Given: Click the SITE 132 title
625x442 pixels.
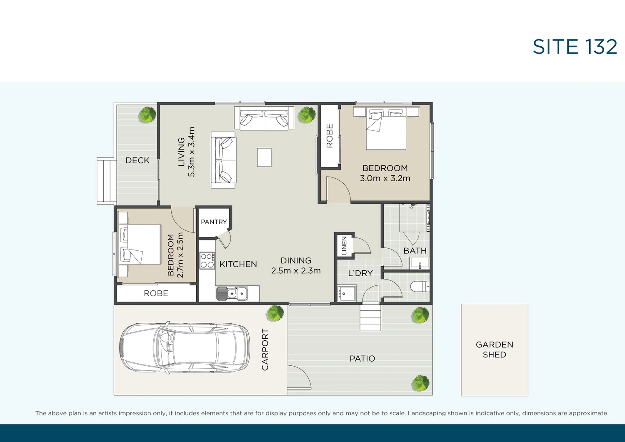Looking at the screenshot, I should [x=575, y=47].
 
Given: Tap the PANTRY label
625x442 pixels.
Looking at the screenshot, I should [x=214, y=222].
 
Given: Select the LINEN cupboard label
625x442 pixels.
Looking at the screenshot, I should [x=344, y=245].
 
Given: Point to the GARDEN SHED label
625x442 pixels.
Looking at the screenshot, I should [x=494, y=350].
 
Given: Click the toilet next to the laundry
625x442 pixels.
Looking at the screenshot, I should [x=419, y=287].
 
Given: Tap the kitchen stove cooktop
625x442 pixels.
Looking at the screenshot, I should [x=207, y=260].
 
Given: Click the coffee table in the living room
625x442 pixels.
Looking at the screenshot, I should [x=264, y=157].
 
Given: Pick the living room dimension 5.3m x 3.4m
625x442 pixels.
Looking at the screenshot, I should [x=191, y=152].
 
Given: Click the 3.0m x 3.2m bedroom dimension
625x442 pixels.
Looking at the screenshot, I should [x=385, y=178].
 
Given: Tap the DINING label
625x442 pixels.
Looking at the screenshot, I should [x=296, y=260].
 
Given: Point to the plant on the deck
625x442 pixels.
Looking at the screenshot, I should [x=147, y=115].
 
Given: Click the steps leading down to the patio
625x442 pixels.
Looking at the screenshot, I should [x=370, y=317].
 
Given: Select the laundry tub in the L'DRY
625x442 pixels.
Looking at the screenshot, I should [x=346, y=293].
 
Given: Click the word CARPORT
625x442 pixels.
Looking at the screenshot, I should [x=265, y=350].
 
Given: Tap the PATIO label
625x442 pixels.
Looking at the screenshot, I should [x=362, y=359].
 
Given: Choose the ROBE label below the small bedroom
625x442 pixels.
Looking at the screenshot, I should [x=156, y=293].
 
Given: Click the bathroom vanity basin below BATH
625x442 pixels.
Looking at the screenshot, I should [x=420, y=264].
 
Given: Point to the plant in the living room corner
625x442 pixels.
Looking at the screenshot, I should [x=307, y=115].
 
